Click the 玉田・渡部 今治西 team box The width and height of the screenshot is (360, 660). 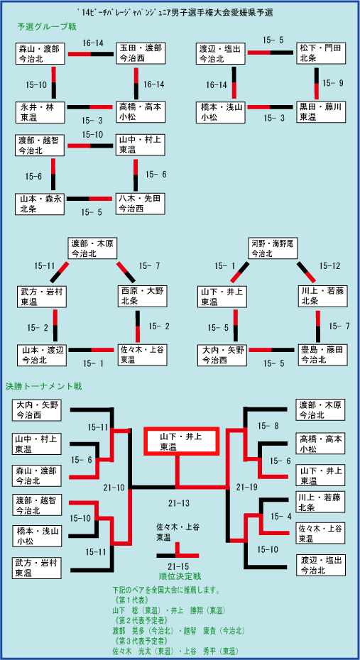[x=140, y=53]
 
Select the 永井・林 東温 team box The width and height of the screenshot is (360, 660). [x=40, y=112]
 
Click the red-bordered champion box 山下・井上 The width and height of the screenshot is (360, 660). [x=182, y=441]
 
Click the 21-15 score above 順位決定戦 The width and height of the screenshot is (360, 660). [x=178, y=566]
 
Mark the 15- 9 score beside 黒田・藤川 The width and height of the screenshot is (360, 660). [x=332, y=84]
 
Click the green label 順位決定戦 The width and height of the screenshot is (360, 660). [x=177, y=576]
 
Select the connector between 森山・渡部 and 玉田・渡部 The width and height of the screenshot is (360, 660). [x=90, y=53]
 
